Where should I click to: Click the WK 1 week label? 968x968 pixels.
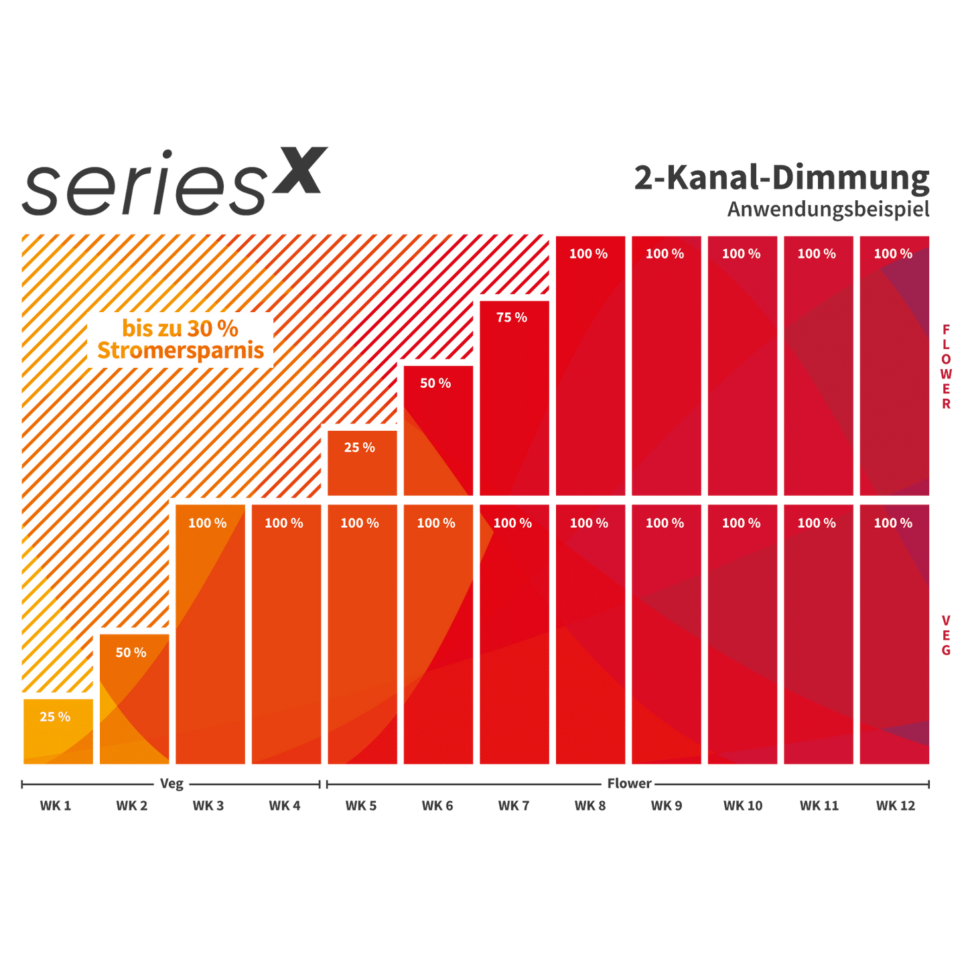[55, 805]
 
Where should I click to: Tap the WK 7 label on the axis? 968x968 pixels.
[514, 805]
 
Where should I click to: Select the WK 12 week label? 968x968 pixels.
[895, 805]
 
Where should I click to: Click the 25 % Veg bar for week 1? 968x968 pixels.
[58, 732]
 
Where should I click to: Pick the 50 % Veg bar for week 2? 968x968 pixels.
[135, 699]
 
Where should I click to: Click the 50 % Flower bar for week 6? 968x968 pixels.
[437, 431]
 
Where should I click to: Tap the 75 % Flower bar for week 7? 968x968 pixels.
[514, 399]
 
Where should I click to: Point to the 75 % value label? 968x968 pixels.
[512, 318]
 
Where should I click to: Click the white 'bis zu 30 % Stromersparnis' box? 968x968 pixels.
[180, 340]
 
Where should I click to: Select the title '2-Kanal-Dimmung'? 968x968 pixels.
[782, 178]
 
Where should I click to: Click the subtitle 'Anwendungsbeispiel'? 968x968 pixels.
[829, 209]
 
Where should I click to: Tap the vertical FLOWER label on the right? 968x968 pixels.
[946, 366]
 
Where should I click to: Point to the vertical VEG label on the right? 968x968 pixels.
[946, 634]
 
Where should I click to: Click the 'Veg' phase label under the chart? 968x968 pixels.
[171, 783]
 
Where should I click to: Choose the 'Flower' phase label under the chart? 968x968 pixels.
[629, 783]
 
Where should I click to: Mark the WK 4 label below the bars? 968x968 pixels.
[285, 805]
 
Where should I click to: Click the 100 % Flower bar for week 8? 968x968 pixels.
[590, 366]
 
